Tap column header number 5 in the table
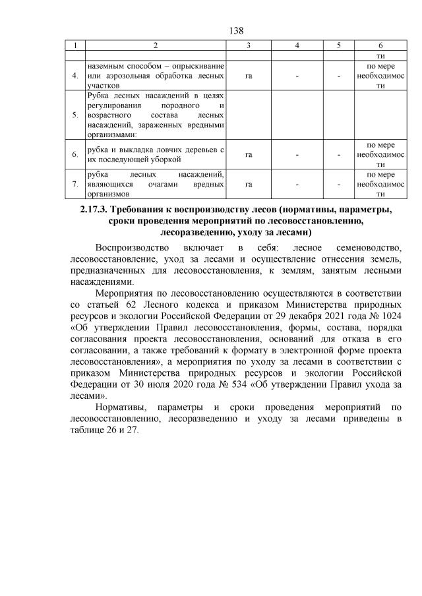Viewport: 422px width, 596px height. [x=338, y=45]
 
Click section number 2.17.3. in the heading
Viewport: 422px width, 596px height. [x=89, y=210]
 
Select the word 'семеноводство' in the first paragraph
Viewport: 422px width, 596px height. [x=367, y=248]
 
